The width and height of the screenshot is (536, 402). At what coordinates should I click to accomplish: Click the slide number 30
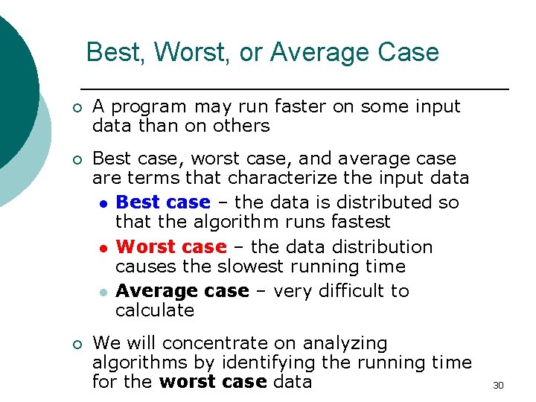point(498,385)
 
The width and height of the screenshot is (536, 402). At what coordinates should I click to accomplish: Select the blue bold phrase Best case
point(163,202)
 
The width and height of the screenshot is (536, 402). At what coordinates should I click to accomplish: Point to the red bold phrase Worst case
point(171,246)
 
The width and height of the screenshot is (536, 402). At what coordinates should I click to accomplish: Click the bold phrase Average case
point(182,290)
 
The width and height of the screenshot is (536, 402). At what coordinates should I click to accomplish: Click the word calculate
point(155,310)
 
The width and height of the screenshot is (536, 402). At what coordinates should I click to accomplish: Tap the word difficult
point(338,290)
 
